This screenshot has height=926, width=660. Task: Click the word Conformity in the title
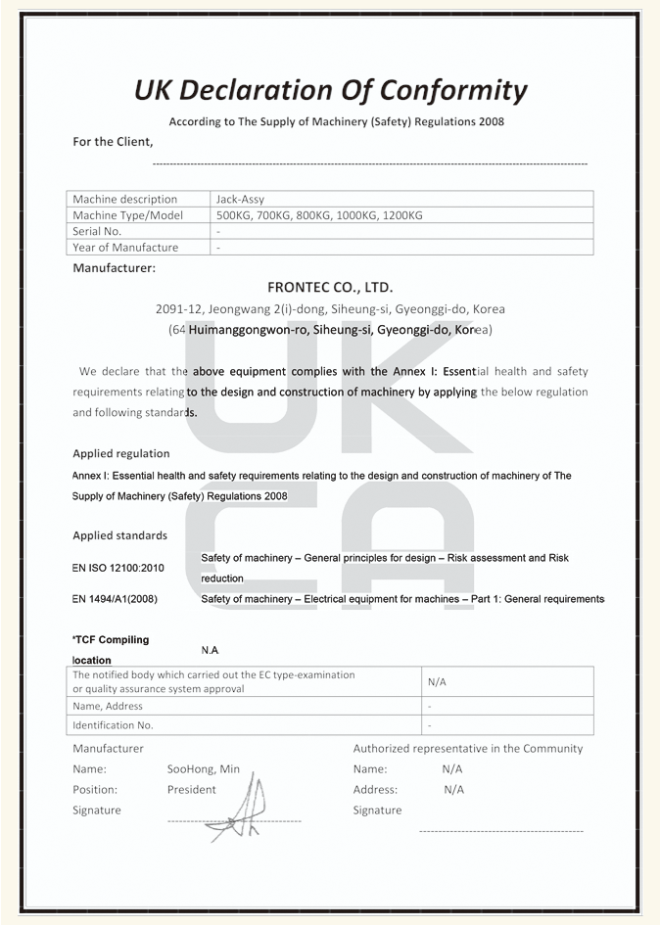pyautogui.click(x=452, y=91)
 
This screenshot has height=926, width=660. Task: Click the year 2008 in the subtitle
pyautogui.click(x=492, y=122)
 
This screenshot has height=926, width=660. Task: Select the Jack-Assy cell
pyautogui.click(x=240, y=199)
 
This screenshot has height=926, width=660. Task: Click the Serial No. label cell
pyautogui.click(x=97, y=231)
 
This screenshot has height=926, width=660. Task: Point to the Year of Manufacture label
pyautogui.click(x=125, y=248)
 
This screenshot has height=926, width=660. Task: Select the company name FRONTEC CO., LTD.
pyautogui.click(x=330, y=288)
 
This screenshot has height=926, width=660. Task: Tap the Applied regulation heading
pyautogui.click(x=121, y=453)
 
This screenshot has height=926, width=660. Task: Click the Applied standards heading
pyautogui.click(x=119, y=535)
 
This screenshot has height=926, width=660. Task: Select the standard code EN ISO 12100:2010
pyautogui.click(x=118, y=568)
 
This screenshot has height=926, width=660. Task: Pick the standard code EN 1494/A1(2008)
pyautogui.click(x=115, y=599)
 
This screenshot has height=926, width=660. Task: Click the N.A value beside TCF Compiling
pyautogui.click(x=210, y=650)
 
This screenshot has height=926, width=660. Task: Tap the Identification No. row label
pyautogui.click(x=113, y=725)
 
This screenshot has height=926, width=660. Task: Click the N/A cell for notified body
pyautogui.click(x=437, y=681)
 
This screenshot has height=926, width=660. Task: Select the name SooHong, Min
pyautogui.click(x=204, y=769)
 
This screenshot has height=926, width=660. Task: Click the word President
pyautogui.click(x=192, y=790)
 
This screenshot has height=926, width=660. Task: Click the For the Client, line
pyautogui.click(x=113, y=142)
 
